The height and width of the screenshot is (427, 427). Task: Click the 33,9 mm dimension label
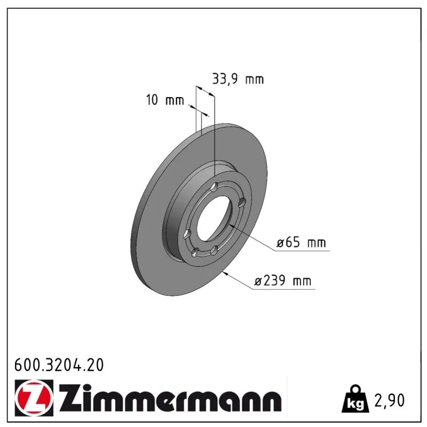[238, 79]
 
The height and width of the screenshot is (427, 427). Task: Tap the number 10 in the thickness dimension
[152, 100]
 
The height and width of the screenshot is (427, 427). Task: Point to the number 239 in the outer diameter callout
[274, 280]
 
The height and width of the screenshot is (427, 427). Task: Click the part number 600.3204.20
[59, 365]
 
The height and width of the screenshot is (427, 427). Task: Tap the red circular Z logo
[34, 398]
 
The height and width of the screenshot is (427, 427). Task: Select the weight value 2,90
[390, 400]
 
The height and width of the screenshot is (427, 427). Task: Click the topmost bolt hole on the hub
[215, 187]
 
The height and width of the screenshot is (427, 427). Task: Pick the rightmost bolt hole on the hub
[242, 202]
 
